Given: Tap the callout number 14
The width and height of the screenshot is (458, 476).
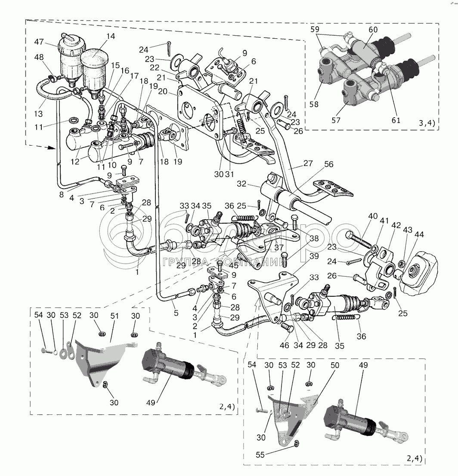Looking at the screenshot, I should pos(111,37).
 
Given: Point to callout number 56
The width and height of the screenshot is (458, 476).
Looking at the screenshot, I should pos(329,164).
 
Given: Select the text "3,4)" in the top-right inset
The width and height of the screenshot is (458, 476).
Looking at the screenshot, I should pos(426,124).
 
